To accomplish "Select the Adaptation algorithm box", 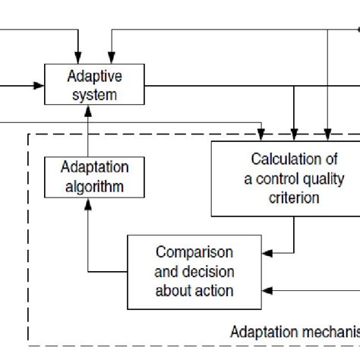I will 95,176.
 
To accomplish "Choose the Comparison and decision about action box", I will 194,271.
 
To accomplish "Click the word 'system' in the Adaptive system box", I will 95,95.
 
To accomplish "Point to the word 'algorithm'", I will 95,186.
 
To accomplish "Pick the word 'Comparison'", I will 194,252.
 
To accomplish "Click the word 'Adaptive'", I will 95,76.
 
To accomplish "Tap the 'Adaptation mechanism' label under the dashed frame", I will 293,332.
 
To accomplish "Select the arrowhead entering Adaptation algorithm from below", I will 89,201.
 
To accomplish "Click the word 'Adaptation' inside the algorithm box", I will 95,167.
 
